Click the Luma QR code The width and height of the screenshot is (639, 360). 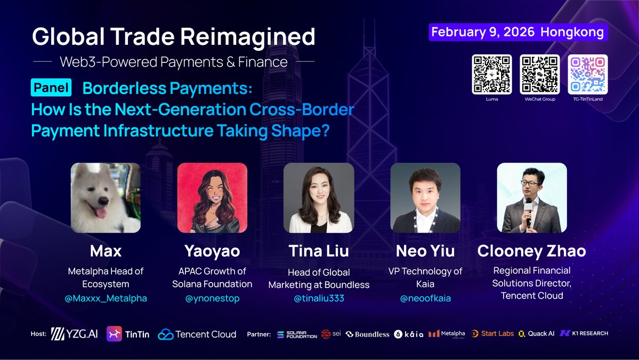[491, 74]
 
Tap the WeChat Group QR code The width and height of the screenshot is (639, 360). [539, 74]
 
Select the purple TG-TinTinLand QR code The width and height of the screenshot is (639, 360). [587, 74]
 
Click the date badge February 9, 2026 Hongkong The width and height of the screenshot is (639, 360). [517, 32]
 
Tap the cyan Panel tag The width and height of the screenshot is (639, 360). [52, 87]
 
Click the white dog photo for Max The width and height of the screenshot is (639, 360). [106, 198]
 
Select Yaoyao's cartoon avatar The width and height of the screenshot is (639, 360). [212, 198]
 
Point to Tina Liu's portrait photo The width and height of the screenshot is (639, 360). [319, 198]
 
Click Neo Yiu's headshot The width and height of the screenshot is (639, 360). [425, 198]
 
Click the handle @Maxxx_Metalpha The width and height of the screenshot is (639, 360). [106, 298]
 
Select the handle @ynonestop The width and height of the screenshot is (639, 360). [212, 298]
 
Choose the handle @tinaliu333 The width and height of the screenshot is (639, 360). [319, 298]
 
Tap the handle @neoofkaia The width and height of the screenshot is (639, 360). [425, 298]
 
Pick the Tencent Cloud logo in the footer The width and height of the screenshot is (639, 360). [197, 334]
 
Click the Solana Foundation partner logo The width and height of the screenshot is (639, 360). [296, 334]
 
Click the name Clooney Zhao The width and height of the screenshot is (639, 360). [531, 251]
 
